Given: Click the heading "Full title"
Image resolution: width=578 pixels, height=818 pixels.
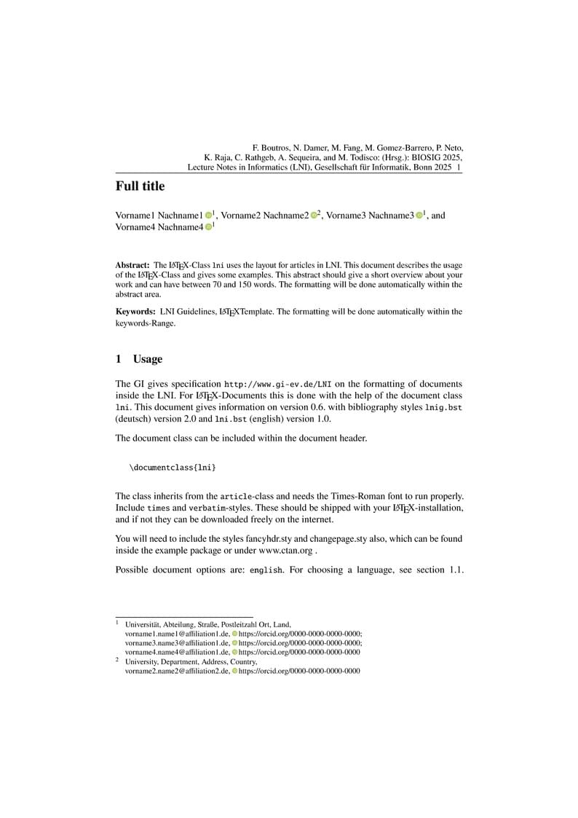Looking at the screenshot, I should click(x=140, y=186).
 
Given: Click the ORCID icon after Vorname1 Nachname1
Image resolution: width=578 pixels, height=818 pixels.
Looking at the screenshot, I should click(x=208, y=216).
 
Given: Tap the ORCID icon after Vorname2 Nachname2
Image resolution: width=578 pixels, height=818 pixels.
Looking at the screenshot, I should click(x=314, y=216).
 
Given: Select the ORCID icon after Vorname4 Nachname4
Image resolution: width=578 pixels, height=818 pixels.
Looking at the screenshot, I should click(x=208, y=227).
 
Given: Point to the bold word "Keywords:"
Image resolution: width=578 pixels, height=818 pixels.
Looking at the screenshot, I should click(x=135, y=312).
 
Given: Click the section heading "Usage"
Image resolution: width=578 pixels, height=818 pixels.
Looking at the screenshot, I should click(x=148, y=359).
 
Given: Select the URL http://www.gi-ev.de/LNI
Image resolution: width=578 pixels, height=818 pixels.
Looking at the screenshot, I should click(x=278, y=384).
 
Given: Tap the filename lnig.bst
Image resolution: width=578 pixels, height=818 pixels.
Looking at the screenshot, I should click(x=443, y=408).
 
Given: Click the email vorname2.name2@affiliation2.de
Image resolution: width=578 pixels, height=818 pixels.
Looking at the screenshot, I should click(x=177, y=671).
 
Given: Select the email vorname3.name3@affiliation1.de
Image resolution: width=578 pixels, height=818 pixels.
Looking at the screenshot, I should click(x=177, y=643).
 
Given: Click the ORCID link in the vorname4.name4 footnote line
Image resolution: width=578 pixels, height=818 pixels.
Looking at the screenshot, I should click(x=299, y=653).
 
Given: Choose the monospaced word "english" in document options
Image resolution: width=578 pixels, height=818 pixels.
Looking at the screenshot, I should click(x=266, y=570).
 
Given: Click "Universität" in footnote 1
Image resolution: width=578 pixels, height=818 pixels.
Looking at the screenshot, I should click(x=144, y=624).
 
